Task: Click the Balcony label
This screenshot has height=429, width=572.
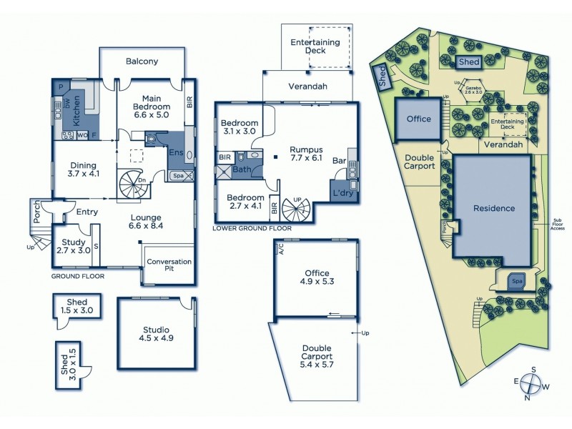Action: point(142,61)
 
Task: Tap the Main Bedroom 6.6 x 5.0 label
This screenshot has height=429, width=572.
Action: point(151,107)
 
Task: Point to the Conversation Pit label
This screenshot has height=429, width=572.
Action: point(169,266)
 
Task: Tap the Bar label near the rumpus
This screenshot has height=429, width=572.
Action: point(339,162)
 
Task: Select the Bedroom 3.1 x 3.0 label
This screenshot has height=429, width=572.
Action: point(240,127)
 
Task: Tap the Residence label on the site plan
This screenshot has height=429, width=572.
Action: point(494,209)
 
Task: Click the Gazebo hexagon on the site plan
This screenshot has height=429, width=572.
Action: point(471,91)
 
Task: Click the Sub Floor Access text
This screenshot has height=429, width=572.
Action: point(558,223)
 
